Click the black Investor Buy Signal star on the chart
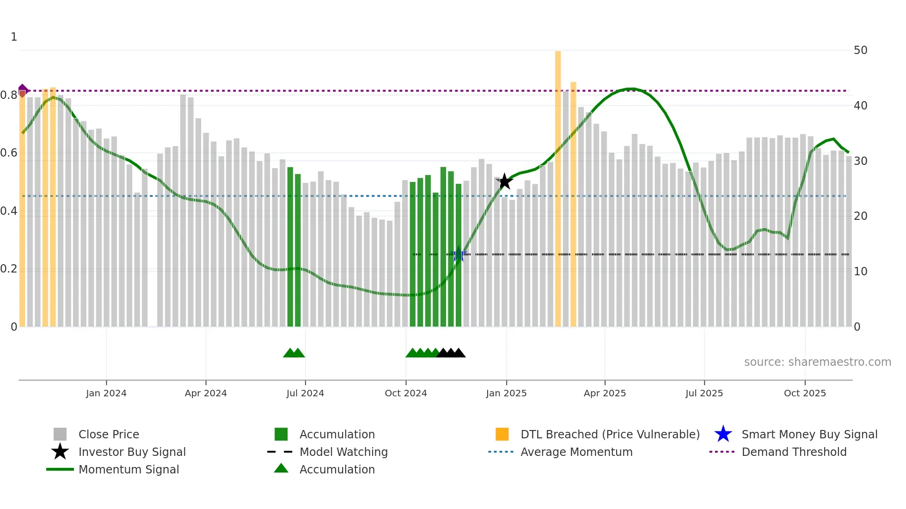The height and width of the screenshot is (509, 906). click(505, 182)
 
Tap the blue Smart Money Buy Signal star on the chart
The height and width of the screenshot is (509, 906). click(459, 254)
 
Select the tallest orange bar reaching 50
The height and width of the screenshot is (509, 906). click(558, 185)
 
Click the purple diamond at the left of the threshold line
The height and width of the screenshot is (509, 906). click(23, 91)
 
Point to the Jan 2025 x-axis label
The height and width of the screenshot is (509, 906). click(506, 393)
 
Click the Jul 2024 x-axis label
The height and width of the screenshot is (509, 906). click(305, 393)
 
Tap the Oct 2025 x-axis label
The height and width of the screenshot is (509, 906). click(805, 393)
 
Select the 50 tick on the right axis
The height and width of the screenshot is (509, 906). click(860, 50)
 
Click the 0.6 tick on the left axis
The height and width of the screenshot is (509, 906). click(9, 153)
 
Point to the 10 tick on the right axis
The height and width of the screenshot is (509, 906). click(860, 272)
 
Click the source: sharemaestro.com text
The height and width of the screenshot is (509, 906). click(817, 362)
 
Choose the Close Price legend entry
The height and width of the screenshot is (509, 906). click(109, 434)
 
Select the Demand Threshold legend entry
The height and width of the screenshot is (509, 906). click(794, 452)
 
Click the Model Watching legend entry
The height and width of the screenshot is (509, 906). click(343, 452)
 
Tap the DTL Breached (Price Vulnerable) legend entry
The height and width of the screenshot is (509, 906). click(610, 434)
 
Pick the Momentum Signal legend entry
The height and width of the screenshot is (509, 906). click(129, 469)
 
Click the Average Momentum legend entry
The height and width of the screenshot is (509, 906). click(576, 452)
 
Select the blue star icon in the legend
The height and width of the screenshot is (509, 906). click(723, 434)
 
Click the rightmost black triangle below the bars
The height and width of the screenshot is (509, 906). click(459, 353)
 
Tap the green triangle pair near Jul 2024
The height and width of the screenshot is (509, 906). click(294, 353)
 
